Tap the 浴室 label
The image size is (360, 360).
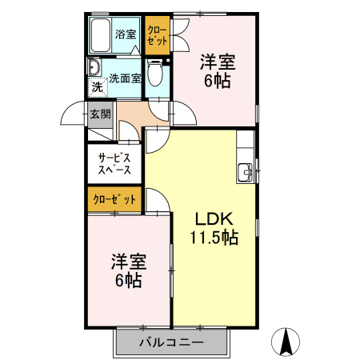pos(126,34)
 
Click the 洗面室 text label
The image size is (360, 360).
pos(126,78)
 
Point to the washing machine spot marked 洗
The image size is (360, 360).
pos(97,86)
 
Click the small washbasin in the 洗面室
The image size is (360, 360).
pos(93,68)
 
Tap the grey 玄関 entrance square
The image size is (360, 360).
pos(100,114)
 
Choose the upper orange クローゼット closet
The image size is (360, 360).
pos(157,36)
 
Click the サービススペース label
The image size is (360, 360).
pos(114,163)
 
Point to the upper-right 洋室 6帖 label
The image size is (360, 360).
pos(217,70)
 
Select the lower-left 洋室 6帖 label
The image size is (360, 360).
pos(127,270)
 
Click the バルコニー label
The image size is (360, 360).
pos(170,343)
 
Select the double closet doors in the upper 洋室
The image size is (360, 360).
pos(180,30)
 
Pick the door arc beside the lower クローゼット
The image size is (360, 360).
pos(158,204)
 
